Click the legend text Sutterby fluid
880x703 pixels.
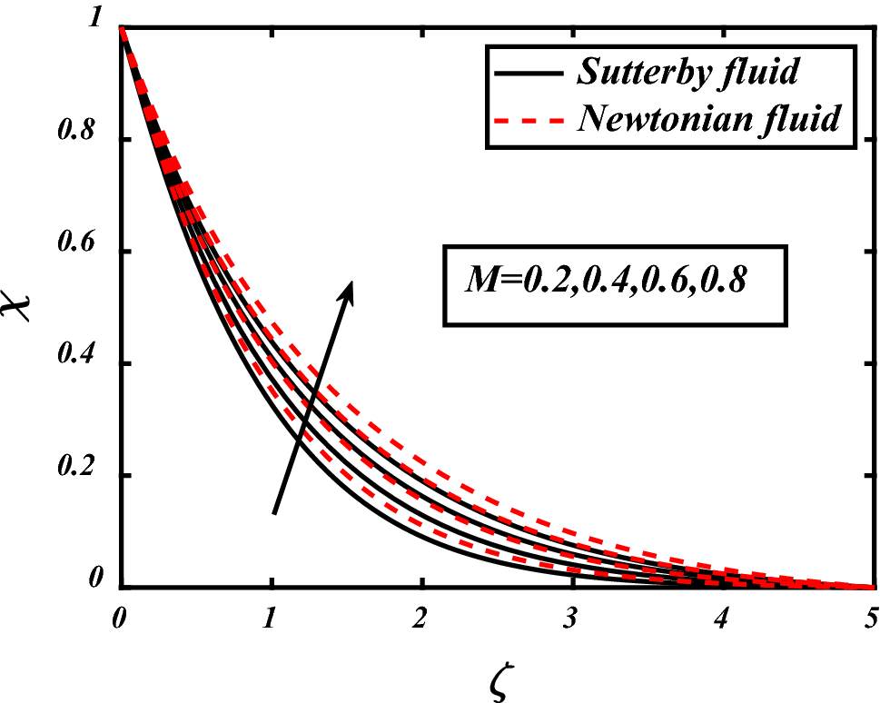pyautogui.click(x=687, y=73)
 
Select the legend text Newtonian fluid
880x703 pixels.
pyautogui.click(x=707, y=119)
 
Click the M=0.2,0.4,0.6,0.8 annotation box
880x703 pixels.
pyautogui.click(x=613, y=283)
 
